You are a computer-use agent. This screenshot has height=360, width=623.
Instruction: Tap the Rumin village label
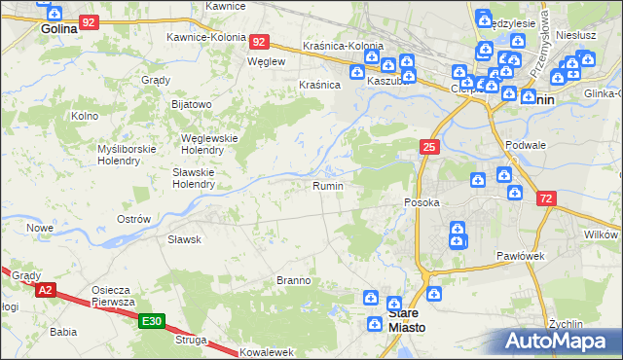(328, 185)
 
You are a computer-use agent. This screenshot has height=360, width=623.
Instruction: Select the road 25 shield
(429, 147)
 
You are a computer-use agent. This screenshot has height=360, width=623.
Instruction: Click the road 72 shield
(547, 198)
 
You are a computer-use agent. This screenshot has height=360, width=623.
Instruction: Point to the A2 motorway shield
(45, 290)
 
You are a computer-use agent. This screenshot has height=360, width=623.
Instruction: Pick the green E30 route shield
(151, 321)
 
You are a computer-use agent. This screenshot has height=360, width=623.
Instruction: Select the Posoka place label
(422, 202)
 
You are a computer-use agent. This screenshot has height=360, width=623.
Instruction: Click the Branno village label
(293, 280)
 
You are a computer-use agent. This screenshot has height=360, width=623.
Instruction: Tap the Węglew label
(266, 60)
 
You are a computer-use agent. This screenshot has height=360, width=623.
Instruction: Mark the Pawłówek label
(518, 255)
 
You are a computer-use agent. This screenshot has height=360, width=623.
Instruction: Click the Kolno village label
(86, 116)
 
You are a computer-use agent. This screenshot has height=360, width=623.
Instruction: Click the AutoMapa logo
(558, 342)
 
